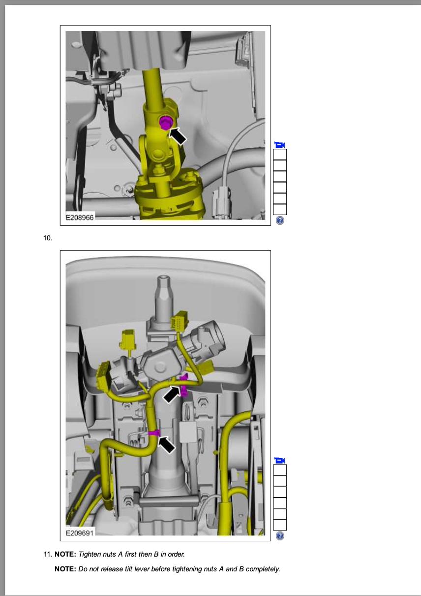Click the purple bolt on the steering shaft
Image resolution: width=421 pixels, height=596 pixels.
pos(166,123)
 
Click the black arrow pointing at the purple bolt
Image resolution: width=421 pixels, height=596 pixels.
pos(178,136)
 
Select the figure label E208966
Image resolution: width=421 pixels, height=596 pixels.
pos(80,218)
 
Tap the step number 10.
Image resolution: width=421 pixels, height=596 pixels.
pos(48,238)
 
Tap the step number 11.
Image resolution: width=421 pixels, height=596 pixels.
pos(48,554)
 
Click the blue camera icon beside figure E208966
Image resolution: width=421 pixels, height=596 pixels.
pos(280,145)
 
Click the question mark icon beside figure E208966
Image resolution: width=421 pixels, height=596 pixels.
pos(280,220)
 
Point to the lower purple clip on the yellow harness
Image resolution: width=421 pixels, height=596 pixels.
pos(154,433)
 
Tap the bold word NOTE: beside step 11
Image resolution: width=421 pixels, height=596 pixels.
pos(65,554)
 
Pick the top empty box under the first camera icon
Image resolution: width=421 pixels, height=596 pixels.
pos(280,154)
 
